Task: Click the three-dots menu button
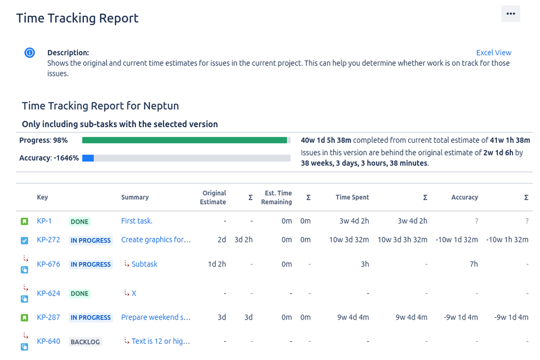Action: pyautogui.click(x=510, y=14)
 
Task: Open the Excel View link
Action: pyautogui.click(x=494, y=52)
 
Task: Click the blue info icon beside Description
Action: pyautogui.click(x=30, y=53)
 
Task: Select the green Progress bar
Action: pyautogui.click(x=184, y=140)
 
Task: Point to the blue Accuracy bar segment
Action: pyautogui.click(x=88, y=158)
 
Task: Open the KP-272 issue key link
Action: pyautogui.click(x=48, y=240)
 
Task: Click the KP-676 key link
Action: pyautogui.click(x=48, y=264)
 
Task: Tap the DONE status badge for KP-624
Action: pyautogui.click(x=79, y=294)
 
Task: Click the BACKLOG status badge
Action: pyautogui.click(x=85, y=342)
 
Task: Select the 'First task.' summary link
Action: pyautogui.click(x=137, y=221)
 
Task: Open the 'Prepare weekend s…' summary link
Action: pyautogui.click(x=156, y=317)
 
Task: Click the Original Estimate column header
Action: pyautogui.click(x=214, y=197)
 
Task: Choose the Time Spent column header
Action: pyautogui.click(x=352, y=197)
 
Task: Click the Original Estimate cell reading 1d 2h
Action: pyautogui.click(x=217, y=264)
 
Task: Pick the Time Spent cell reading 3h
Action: pyautogui.click(x=365, y=264)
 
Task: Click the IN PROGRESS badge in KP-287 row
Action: pyautogui.click(x=90, y=318)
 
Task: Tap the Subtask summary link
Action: pyautogui.click(x=144, y=264)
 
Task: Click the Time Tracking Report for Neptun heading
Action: pyautogui.click(x=100, y=105)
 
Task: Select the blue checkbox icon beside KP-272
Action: pyautogui.click(x=24, y=241)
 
